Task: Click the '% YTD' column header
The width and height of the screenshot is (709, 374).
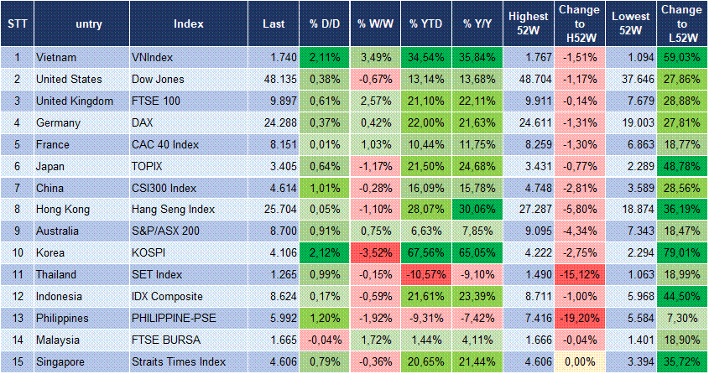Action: (x=425, y=24)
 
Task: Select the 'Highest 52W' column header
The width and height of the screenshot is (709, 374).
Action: (x=528, y=24)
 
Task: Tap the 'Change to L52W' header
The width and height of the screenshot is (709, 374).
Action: (x=681, y=24)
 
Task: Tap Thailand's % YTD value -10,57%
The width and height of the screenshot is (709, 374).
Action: (x=426, y=274)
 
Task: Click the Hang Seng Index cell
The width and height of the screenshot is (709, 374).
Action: (x=174, y=209)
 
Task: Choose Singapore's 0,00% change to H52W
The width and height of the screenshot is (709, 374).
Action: (x=579, y=361)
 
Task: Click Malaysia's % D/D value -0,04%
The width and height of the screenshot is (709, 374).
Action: (x=322, y=340)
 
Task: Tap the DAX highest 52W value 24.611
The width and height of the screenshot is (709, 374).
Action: (x=529, y=122)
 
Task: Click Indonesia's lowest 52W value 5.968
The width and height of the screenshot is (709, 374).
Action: (x=631, y=296)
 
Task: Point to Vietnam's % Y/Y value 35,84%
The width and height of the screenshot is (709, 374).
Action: (x=478, y=57)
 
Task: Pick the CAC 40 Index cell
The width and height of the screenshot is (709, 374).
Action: (x=166, y=144)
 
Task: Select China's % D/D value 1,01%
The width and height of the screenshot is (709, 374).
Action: (x=322, y=187)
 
